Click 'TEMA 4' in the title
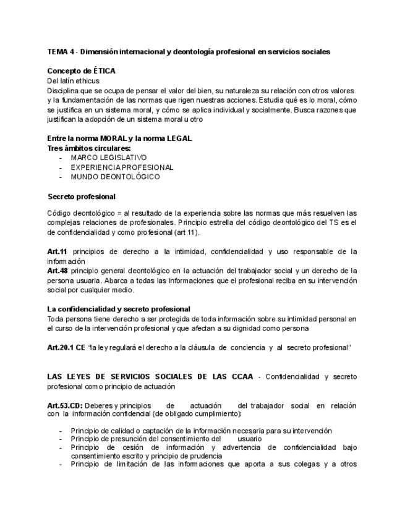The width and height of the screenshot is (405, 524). [x=59, y=52]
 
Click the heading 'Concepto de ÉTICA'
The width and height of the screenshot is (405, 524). [x=81, y=71]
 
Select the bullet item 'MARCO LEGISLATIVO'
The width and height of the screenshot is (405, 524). [x=108, y=158]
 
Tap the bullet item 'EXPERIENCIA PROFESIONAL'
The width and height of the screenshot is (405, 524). [x=122, y=167]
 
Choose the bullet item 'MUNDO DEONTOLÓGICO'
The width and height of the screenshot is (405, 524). [x=115, y=177]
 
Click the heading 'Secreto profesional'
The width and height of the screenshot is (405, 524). [x=81, y=196]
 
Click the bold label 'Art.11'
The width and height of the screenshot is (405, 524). [x=58, y=251]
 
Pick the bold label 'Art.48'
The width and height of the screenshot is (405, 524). [x=58, y=271]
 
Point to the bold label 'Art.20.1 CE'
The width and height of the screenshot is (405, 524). [x=66, y=347]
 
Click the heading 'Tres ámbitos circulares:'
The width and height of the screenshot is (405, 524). [x=88, y=148]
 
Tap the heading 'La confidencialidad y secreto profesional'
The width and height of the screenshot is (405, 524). [x=119, y=309]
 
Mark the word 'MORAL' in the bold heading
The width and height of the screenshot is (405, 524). [x=109, y=138]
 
